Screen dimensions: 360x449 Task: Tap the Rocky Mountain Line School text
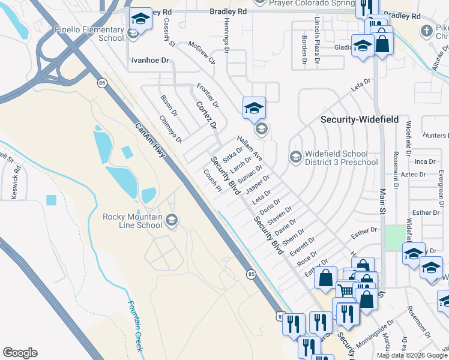[132, 221]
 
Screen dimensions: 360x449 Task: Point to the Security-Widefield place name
[359, 119]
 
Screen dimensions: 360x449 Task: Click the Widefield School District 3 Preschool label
[341, 157]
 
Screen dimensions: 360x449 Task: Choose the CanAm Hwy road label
[150, 141]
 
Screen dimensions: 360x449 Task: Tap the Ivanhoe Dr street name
[151, 61]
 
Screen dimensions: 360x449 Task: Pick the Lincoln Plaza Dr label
[318, 34]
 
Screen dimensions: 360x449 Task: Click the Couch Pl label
[212, 178]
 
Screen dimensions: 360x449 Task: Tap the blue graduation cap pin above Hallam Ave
[254, 108]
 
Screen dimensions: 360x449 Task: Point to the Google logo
[20, 353]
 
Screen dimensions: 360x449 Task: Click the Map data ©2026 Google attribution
[412, 355]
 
